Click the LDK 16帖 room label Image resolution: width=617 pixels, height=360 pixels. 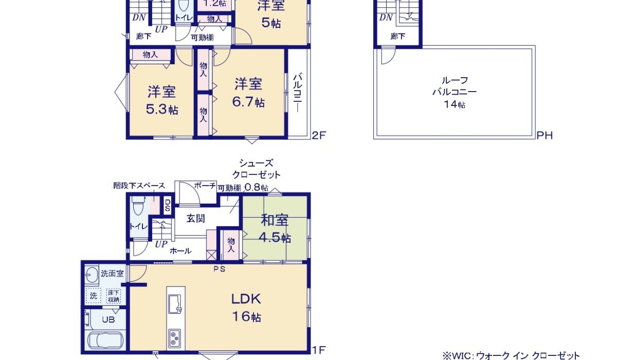(x=246, y=307)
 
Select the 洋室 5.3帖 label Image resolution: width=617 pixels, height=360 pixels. (x=162, y=100)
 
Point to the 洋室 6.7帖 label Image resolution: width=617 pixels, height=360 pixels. (x=249, y=93)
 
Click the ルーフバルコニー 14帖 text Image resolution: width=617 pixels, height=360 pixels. (x=455, y=93)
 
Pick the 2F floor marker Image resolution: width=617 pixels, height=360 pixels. (x=319, y=136)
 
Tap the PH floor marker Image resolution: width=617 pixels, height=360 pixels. (x=545, y=136)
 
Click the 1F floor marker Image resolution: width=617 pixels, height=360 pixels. (x=319, y=351)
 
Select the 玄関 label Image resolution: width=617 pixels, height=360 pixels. (x=196, y=219)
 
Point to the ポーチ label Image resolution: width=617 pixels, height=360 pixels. (x=206, y=186)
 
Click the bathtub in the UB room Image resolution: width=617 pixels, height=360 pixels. (x=106, y=340)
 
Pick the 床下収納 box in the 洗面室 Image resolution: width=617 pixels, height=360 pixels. (x=114, y=296)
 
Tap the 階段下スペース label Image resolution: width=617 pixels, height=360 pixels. (x=139, y=186)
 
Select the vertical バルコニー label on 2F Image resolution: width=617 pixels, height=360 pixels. (x=297, y=93)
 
